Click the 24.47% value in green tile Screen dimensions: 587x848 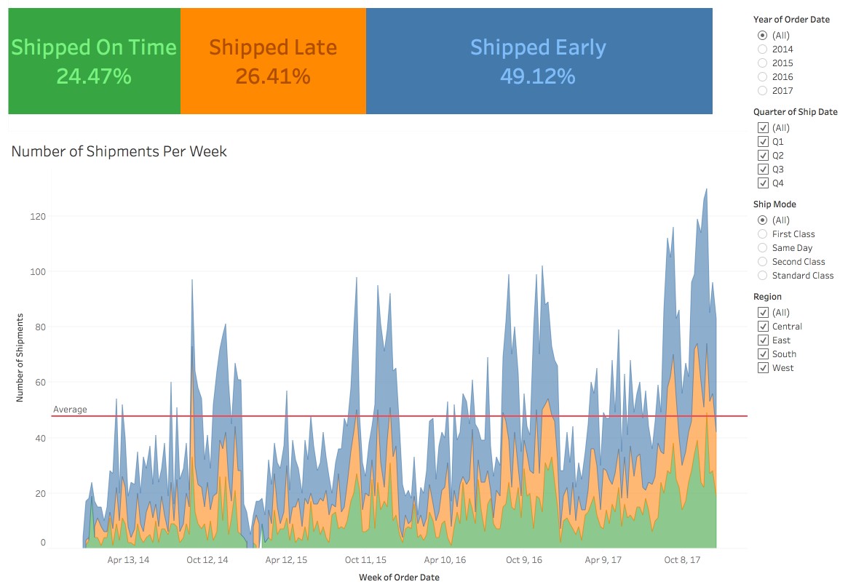(x=94, y=76)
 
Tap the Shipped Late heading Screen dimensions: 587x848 (x=273, y=48)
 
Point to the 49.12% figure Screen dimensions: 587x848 (x=538, y=76)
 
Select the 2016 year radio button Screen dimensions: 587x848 (x=762, y=77)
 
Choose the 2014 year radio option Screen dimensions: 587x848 (x=762, y=49)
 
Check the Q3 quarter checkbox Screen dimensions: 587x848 (x=763, y=169)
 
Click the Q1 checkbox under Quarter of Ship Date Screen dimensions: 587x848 (x=763, y=142)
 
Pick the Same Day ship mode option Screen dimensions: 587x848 (x=762, y=248)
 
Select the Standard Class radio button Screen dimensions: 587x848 (x=762, y=276)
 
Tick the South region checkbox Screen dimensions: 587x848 (x=763, y=354)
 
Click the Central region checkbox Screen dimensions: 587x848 (x=763, y=327)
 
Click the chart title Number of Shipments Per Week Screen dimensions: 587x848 (x=119, y=152)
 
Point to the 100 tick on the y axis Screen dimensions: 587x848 (x=38, y=272)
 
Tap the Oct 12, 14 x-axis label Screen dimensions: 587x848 (x=207, y=560)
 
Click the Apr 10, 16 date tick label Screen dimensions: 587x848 (x=445, y=560)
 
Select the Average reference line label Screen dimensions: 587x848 (x=70, y=410)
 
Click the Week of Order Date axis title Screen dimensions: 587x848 (x=399, y=578)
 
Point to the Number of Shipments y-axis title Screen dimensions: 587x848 (x=20, y=358)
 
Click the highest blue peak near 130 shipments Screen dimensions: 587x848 (x=706, y=191)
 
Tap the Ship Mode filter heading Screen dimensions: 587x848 (x=774, y=204)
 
